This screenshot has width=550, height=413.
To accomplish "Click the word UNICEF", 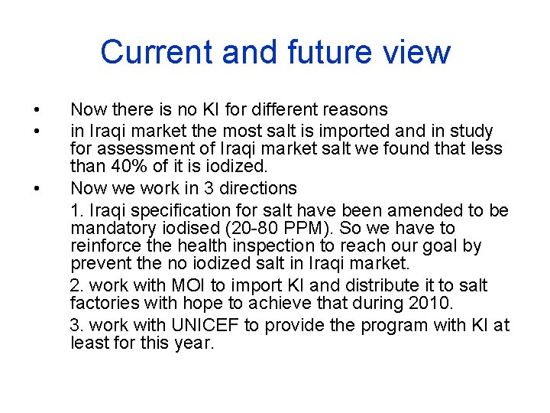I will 205,325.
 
